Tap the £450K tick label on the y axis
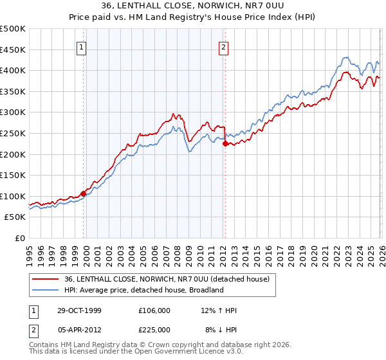click(13, 50)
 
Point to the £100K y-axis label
click(13, 196)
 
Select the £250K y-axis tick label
click(13, 133)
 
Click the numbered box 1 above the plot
click(83, 47)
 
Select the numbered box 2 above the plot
click(223, 47)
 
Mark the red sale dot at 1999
click(84, 194)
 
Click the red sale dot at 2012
click(225, 144)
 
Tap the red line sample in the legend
click(46, 279)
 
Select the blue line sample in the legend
click(46, 290)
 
